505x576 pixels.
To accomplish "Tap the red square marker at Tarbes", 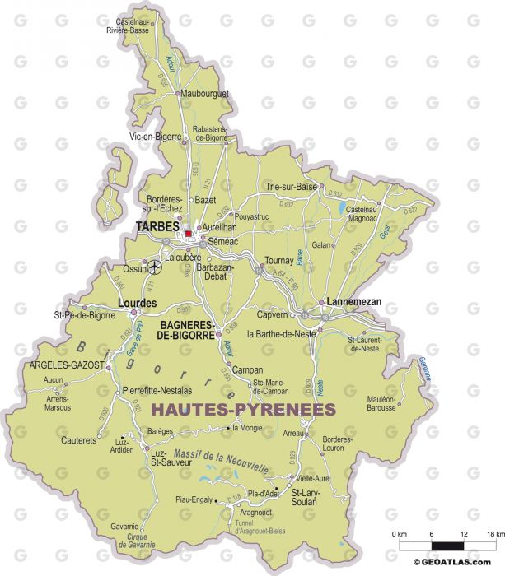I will click(189, 234).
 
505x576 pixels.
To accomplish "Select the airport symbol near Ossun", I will click(157, 265).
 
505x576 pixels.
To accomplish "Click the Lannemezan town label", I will click(354, 302).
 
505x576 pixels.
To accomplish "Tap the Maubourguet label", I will click(203, 94).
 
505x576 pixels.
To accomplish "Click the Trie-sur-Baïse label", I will click(291, 187).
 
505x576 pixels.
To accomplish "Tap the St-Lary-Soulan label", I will click(311, 498).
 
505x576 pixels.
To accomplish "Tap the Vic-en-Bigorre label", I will click(155, 137).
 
